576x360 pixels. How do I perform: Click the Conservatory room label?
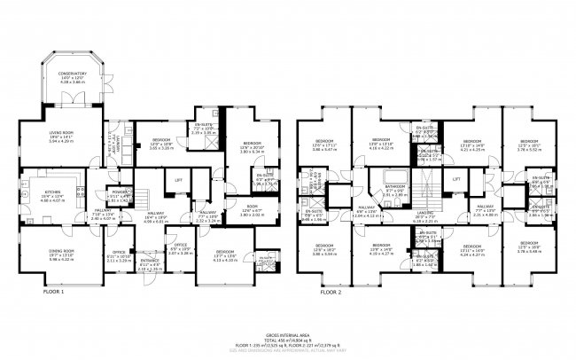coord(73,74)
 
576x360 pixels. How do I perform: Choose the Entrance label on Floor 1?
coord(151,263)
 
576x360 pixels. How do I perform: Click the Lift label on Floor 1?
coord(178,180)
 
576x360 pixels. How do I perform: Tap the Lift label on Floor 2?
coord(456,179)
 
